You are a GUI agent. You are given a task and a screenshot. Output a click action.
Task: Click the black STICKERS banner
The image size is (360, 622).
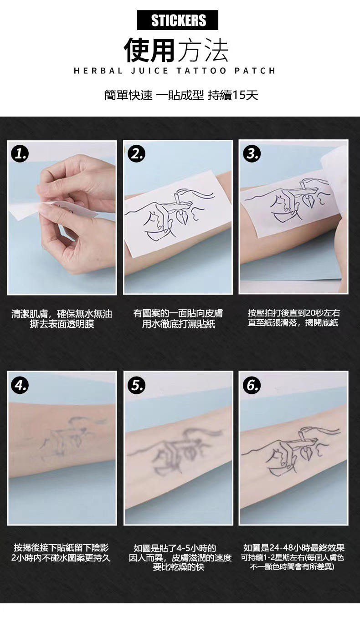(178, 20)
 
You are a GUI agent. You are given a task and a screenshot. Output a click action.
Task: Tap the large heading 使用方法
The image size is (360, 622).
(176, 51)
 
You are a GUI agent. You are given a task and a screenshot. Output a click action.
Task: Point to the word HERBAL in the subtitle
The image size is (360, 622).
(98, 71)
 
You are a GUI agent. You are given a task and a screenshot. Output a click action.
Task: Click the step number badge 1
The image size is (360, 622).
(20, 153)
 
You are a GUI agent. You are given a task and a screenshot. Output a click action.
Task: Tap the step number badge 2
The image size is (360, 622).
(137, 153)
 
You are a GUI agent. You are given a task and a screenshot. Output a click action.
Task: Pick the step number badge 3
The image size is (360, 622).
(252, 153)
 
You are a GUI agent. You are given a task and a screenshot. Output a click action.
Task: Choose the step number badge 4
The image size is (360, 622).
(20, 385)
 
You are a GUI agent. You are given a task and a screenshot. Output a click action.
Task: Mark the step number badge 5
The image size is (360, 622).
(137, 385)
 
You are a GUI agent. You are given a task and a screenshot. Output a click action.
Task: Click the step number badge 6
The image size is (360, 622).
(252, 385)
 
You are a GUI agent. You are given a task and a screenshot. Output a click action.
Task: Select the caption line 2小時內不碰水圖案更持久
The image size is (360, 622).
(61, 558)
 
